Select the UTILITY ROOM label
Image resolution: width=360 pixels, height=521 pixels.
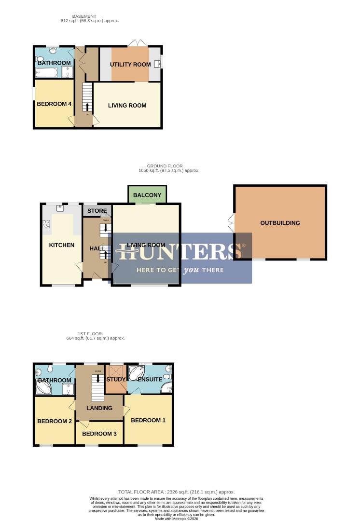130,64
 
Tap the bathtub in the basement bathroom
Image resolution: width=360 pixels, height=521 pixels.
47,73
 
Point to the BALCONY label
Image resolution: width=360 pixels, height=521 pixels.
147,195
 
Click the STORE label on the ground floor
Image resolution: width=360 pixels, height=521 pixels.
97,211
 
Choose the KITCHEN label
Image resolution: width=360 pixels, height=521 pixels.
62,245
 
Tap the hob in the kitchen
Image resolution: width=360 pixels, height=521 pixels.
47,224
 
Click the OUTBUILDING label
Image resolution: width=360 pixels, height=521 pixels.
280,223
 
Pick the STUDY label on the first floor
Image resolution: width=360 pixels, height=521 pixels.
116,379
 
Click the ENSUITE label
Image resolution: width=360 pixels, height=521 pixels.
150,379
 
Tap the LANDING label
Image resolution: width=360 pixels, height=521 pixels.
99,408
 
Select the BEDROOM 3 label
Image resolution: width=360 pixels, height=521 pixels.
99,434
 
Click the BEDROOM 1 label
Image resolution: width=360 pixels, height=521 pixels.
148,420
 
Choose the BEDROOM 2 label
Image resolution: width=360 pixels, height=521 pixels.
55,421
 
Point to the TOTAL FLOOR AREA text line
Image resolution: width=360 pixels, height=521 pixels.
176,492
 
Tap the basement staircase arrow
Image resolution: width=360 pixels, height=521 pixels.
87,106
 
